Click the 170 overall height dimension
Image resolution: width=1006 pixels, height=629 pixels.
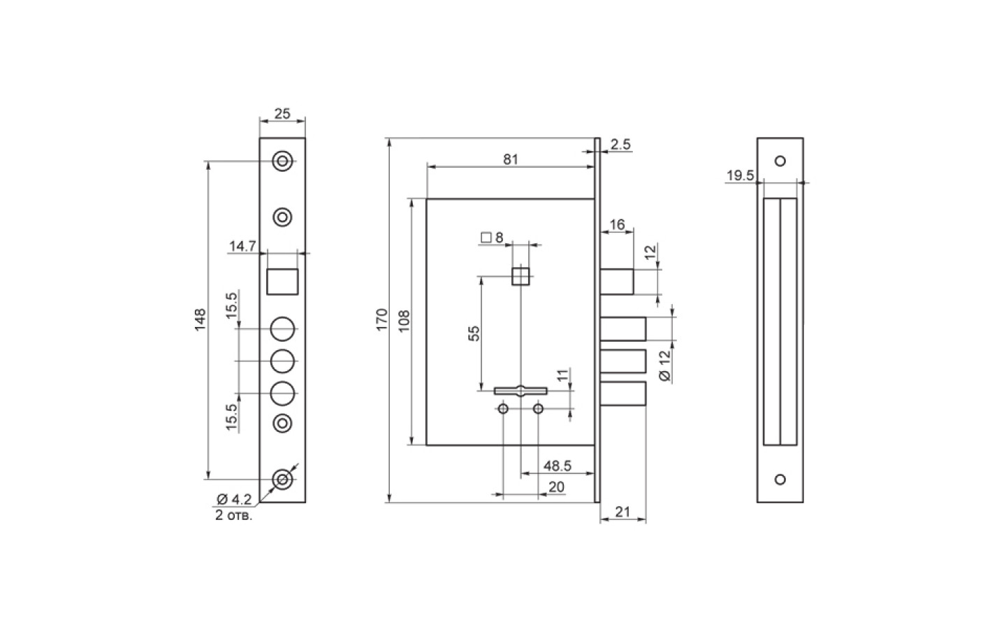[381, 320]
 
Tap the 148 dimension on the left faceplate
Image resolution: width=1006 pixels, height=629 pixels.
[200, 320]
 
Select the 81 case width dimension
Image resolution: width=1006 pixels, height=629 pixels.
[511, 159]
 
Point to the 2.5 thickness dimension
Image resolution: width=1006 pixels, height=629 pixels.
[620, 144]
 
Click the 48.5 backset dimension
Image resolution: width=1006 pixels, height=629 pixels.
[557, 466]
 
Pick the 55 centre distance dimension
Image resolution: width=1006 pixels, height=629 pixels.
[474, 333]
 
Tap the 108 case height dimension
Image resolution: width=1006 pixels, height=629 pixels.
[404, 321]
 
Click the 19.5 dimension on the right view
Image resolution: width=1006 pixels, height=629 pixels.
[741, 175]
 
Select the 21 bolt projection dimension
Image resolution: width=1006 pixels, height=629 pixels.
[622, 512]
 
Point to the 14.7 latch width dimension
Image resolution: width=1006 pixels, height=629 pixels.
[242, 246]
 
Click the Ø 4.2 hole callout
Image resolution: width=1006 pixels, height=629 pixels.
[234, 499]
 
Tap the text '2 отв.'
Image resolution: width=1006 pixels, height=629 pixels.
[233, 515]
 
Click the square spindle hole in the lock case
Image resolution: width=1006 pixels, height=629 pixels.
[520, 276]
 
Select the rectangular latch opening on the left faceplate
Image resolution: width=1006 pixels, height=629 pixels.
[282, 282]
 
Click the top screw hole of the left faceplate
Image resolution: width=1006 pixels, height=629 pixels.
[282, 161]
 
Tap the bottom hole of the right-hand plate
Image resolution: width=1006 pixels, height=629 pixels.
[780, 479]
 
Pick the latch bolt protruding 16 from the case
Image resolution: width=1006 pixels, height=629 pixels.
[617, 282]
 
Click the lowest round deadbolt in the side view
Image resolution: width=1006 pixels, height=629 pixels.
[623, 393]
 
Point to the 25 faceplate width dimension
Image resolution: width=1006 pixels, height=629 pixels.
[282, 114]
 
